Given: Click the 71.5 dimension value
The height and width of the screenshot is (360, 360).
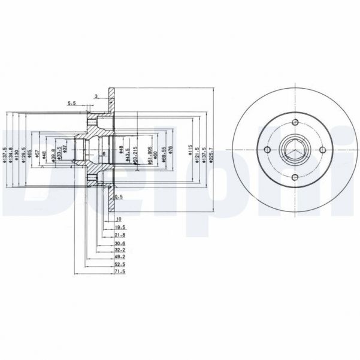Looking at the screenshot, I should pyautogui.click(x=119, y=271).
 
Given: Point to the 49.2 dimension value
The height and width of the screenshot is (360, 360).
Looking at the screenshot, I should pyautogui.click(x=119, y=254).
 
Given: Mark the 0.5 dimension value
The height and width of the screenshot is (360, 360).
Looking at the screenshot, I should pyautogui.click(x=118, y=196).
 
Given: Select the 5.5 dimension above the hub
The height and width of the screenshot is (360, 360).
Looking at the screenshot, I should pyautogui.click(x=72, y=103).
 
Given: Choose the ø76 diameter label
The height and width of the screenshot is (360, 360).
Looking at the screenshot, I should pyautogui.click(x=171, y=150).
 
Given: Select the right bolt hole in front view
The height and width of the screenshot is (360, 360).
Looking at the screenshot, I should pyautogui.click(x=322, y=150).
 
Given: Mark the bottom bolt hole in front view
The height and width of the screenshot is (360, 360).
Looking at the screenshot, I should pyautogui.click(x=295, y=177).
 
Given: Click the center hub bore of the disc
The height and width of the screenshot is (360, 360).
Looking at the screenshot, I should pyautogui.click(x=295, y=150).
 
